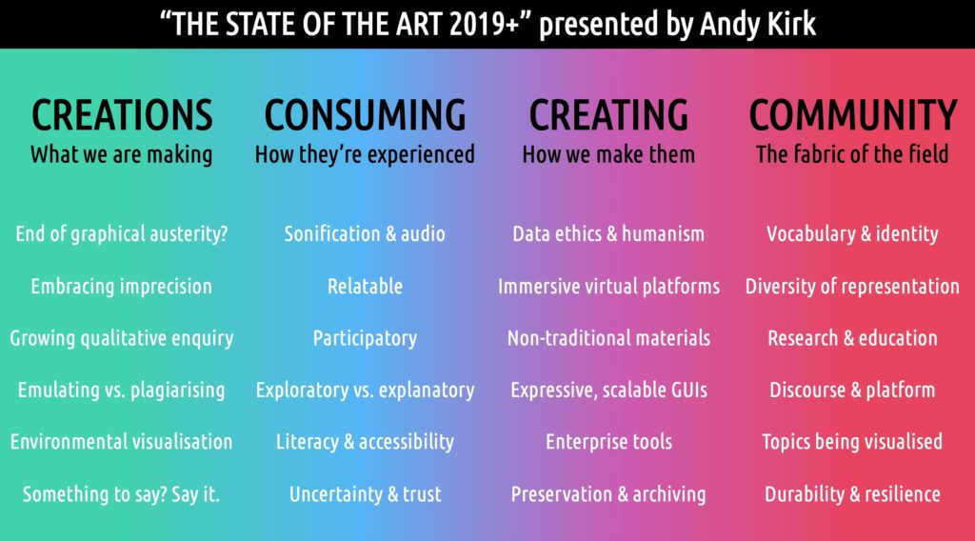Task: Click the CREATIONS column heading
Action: click(122, 115)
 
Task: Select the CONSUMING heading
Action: click(365, 115)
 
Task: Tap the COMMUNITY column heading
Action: click(852, 115)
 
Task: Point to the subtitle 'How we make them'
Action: click(608, 154)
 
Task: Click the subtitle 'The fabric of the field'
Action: click(852, 154)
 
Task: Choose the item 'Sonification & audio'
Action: click(365, 233)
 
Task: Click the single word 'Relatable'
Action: click(365, 286)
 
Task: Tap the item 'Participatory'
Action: click(365, 339)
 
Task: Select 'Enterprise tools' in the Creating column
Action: click(608, 442)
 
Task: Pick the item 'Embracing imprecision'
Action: click(122, 287)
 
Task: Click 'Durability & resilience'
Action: click(852, 494)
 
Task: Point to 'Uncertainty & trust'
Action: click(365, 494)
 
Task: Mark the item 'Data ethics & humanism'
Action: click(608, 233)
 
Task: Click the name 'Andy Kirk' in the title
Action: click(757, 24)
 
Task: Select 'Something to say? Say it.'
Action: click(122, 494)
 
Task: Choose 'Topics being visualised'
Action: click(852, 442)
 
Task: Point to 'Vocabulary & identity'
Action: click(852, 233)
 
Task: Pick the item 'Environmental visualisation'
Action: click(122, 442)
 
